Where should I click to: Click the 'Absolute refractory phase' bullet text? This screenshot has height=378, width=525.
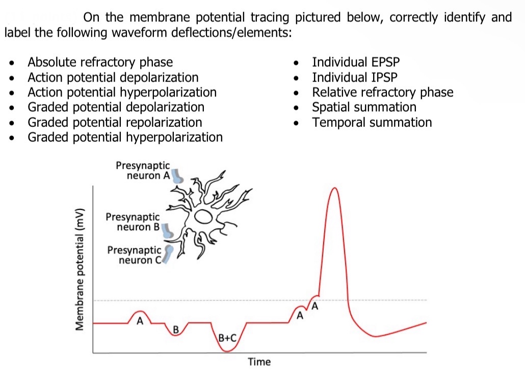click(100, 63)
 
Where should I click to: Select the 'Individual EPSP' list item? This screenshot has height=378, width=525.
click(356, 63)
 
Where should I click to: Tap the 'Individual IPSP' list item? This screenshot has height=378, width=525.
click(355, 77)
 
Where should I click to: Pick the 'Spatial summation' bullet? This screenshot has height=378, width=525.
click(364, 107)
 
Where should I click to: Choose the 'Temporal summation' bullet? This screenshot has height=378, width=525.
click(372, 122)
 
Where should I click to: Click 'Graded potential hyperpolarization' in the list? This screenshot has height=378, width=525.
click(125, 138)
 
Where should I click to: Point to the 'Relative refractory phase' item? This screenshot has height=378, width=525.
click(382, 92)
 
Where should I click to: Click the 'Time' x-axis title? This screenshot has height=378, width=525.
click(259, 362)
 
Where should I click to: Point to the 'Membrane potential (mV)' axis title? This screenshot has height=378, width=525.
click(80, 269)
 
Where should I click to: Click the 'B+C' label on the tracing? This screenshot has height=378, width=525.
click(227, 338)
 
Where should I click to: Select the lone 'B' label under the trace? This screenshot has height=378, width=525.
click(175, 329)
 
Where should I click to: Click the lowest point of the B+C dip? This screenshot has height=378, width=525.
click(227, 351)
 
